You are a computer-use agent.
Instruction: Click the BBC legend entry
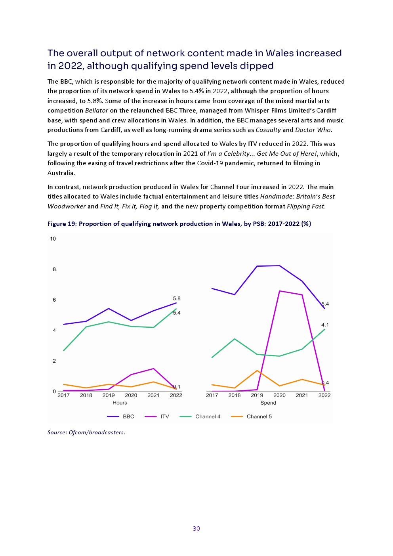pos(120,417)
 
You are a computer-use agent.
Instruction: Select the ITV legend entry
pos(157,417)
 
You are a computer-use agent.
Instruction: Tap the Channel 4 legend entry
pos(200,417)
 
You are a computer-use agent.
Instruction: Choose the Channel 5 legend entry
pos(251,417)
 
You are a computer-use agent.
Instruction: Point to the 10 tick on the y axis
pos(53,239)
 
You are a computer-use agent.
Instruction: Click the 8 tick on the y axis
pos(54,269)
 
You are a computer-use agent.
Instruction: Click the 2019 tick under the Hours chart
pos(109,396)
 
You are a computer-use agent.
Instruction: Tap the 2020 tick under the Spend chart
pos(279,396)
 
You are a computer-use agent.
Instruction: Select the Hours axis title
pos(120,403)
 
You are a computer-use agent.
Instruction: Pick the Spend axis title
pos(268,403)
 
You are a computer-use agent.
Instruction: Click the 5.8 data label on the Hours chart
pos(177,298)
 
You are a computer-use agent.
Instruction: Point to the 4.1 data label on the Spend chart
pos(325,325)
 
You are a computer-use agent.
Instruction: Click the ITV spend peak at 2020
pos(280,291)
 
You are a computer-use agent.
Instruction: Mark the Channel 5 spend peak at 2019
pos(257,371)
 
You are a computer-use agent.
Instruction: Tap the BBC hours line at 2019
pos(109,309)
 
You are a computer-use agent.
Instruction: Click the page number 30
pos(196,528)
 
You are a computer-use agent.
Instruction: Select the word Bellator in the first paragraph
pos(97,111)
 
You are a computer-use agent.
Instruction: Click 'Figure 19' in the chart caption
pos(62,224)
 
